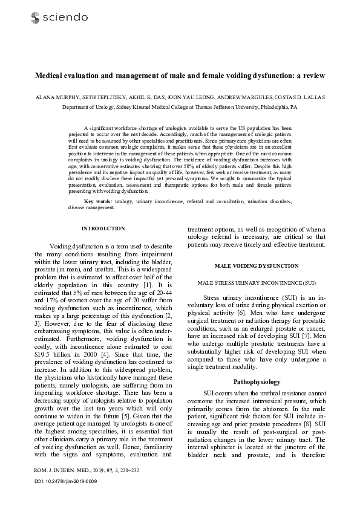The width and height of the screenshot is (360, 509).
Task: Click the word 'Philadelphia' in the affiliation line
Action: pyautogui.click(x=272, y=106)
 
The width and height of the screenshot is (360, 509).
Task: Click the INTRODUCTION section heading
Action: pyautogui.click(x=103, y=229)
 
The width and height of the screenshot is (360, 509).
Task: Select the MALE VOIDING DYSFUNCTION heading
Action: pyautogui.click(x=256, y=266)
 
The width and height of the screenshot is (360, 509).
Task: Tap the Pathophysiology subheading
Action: pyautogui.click(x=256, y=381)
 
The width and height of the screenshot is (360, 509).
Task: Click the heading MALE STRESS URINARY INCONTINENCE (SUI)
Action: pyautogui.click(x=256, y=283)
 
